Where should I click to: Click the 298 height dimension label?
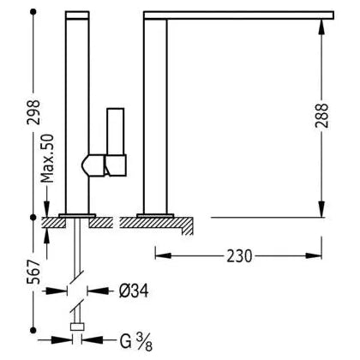pyautogui.click(x=33, y=111)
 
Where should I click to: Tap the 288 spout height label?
pyautogui.click(x=321, y=116)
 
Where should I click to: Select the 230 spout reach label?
pyautogui.click(x=239, y=256)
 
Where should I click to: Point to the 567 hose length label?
pyautogui.click(x=33, y=272)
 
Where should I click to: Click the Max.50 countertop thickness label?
pyautogui.click(x=47, y=159)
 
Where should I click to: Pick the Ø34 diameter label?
pyautogui.click(x=134, y=291)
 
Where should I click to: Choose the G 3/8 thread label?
pyautogui.click(x=136, y=341)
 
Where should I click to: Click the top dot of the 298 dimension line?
pyautogui.click(x=33, y=12)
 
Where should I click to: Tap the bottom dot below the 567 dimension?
pyautogui.click(x=33, y=330)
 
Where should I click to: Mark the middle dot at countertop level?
pyautogui.click(x=33, y=218)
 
